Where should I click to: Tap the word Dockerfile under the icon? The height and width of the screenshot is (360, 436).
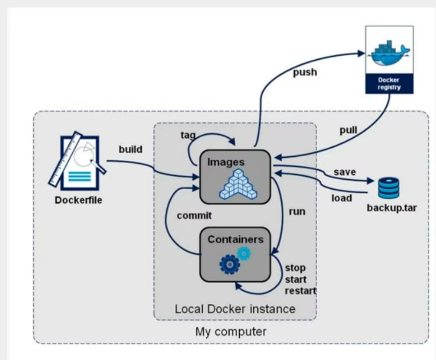[78, 199]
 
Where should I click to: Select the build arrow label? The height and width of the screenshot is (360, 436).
[130, 149]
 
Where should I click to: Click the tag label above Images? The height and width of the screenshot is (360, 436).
[188, 134]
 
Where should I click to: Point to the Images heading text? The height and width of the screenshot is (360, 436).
[226, 162]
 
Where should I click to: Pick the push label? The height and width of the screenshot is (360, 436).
[304, 72]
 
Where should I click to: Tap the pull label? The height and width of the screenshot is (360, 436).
[349, 130]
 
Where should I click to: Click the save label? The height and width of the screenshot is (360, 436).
[345, 172]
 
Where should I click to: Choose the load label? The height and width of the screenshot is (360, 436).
[342, 198]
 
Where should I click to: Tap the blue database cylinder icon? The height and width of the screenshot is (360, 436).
[389, 188]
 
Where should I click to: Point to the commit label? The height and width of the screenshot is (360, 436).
[194, 215]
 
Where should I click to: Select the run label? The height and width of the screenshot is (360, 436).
[297, 212]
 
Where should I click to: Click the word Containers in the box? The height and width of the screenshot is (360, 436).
[235, 239]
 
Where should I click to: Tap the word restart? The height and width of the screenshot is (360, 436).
[300, 290]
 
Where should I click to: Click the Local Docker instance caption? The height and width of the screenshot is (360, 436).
[235, 308]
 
